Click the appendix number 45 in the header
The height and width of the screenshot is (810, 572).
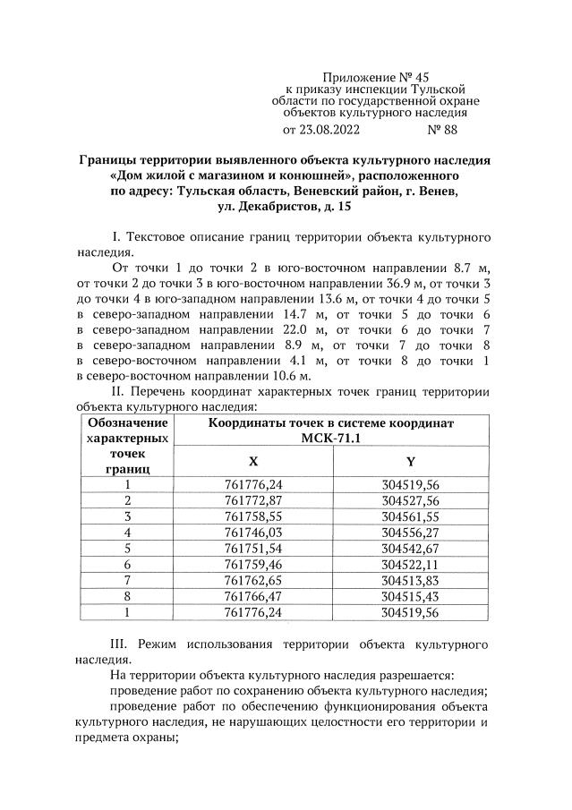[x=432, y=78]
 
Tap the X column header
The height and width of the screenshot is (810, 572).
[x=253, y=461]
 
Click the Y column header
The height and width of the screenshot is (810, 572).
[x=411, y=461]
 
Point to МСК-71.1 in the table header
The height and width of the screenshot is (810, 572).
[x=331, y=437]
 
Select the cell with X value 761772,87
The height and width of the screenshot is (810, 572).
[x=253, y=500]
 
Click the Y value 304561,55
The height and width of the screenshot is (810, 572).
[x=411, y=516]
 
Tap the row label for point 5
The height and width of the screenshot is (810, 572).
[x=128, y=548]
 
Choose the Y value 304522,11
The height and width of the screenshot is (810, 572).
[x=411, y=564]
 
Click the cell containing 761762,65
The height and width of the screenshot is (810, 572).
[x=253, y=580]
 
